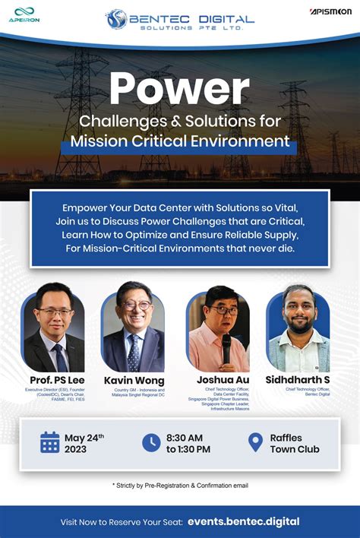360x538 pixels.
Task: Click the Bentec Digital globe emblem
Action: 116,19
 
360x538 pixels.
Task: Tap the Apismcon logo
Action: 329,12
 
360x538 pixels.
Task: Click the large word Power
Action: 179,89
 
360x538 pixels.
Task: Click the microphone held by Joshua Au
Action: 226,350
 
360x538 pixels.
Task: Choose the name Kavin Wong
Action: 134,380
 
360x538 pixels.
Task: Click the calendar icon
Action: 49,442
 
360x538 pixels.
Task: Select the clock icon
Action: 151,442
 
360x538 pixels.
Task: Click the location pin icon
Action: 255,442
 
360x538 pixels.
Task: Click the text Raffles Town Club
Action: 295,443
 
